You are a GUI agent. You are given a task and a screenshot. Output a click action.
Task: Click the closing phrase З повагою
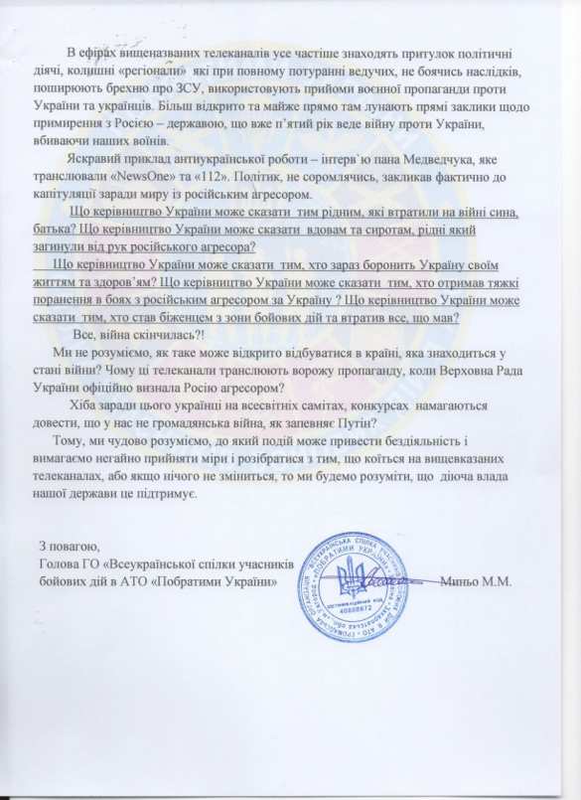71,547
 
